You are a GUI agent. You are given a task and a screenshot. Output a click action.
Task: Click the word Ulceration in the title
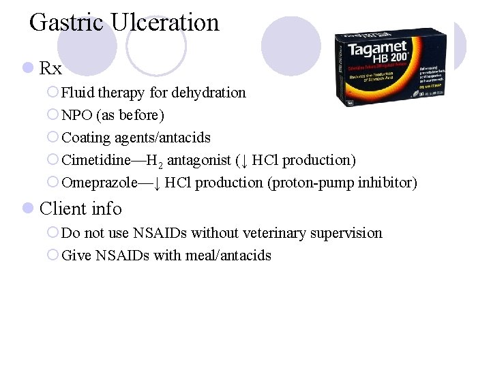164,22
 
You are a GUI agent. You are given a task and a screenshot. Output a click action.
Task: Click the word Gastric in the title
66,22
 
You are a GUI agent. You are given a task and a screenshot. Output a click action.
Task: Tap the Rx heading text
51,69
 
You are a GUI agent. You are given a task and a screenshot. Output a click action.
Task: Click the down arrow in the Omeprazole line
157,183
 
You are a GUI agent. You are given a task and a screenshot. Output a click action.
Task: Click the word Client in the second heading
62,209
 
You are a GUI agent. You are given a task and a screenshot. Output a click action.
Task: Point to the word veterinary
261,233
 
